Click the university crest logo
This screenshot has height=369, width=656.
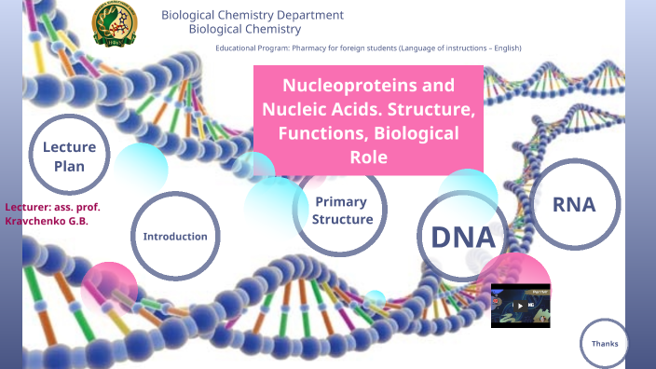click(114, 23)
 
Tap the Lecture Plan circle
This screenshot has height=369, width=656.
click(69, 157)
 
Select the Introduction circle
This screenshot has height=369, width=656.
click(175, 236)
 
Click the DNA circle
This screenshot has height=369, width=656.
click(461, 237)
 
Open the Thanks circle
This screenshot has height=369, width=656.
click(605, 344)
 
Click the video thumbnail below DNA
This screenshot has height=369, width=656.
click(520, 305)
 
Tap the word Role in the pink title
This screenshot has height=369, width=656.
click(368, 157)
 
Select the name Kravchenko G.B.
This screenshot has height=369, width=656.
click(47, 222)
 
